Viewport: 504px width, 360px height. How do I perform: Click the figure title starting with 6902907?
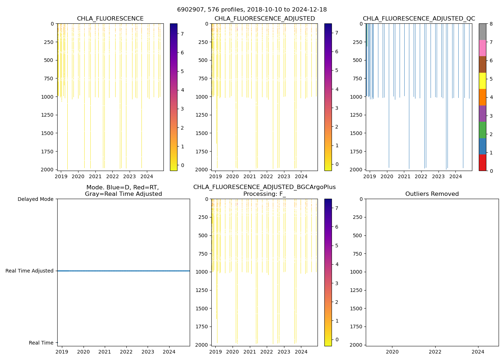click(252, 10)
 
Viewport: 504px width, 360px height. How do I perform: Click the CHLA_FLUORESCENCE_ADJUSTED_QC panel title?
click(419, 19)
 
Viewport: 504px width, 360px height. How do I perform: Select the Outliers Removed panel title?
click(432, 194)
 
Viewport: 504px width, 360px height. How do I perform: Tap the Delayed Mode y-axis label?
click(35, 199)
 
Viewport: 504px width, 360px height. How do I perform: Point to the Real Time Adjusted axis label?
click(30, 271)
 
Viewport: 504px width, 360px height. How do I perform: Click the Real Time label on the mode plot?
click(41, 343)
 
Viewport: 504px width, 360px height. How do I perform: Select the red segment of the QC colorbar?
click(482, 163)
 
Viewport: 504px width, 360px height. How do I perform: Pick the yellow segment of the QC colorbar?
click(482, 81)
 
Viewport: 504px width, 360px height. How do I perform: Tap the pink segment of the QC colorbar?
click(482, 48)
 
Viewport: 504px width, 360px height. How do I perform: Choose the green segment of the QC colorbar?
click(482, 130)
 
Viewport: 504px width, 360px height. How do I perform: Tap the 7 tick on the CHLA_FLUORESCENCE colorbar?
click(182, 34)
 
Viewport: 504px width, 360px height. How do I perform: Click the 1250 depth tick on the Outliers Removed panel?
click(356, 290)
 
